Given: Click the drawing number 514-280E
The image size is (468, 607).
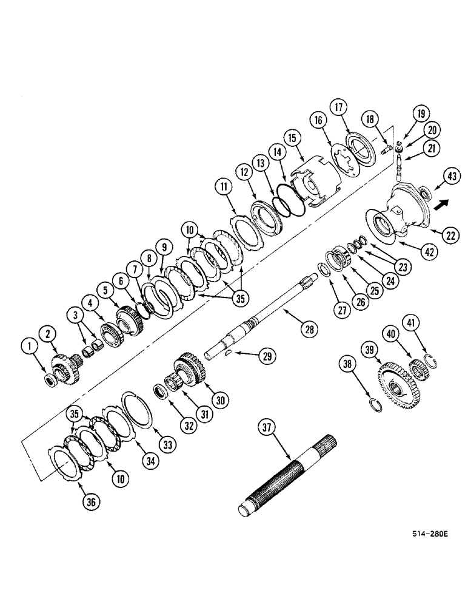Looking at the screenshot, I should click(429, 534).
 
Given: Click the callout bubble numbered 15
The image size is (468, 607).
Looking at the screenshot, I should click(295, 139).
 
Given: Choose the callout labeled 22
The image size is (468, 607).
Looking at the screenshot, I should click(449, 237).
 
